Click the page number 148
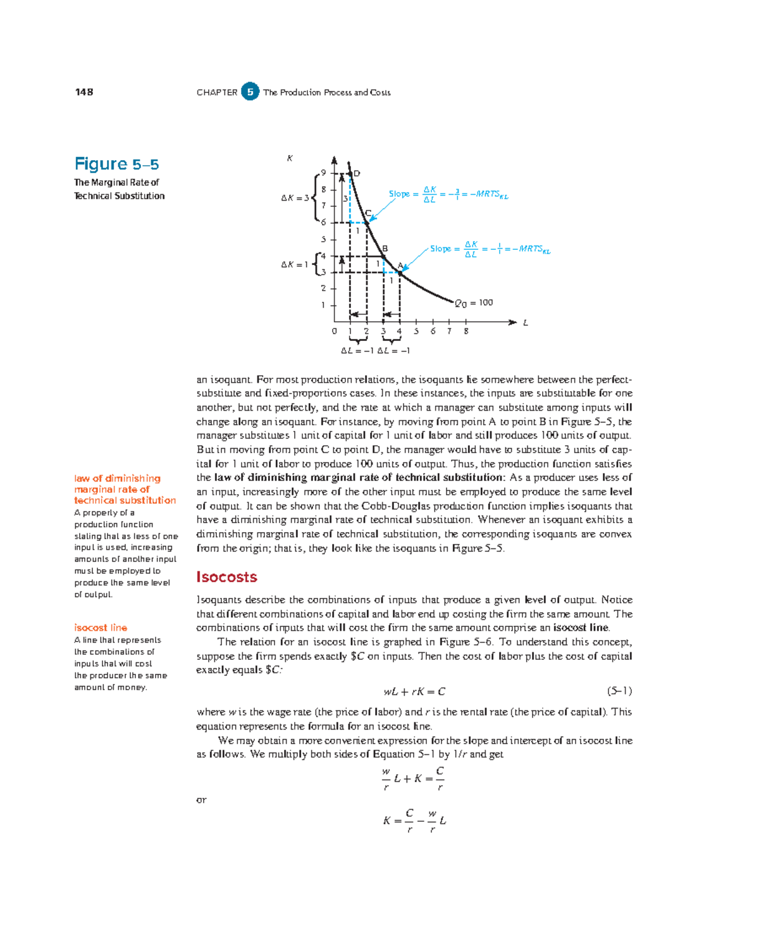tap(84, 92)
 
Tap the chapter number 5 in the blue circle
tap(250, 92)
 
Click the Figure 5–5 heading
tap(116, 164)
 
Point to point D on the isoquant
tap(350, 173)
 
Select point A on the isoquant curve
tap(400, 273)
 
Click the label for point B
tap(385, 249)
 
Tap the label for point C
tap(368, 213)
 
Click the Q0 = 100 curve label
tap(474, 303)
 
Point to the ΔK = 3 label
tap(295, 198)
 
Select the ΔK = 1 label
tap(295, 264)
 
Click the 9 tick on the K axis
tap(323, 173)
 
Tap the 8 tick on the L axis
tap(466, 331)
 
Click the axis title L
tap(525, 323)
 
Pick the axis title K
tap(290, 158)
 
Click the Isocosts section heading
tap(226, 577)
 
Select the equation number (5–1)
tap(619, 691)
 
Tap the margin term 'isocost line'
tap(101, 628)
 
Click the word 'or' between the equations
tap(201, 800)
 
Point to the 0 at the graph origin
tap(335, 331)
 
